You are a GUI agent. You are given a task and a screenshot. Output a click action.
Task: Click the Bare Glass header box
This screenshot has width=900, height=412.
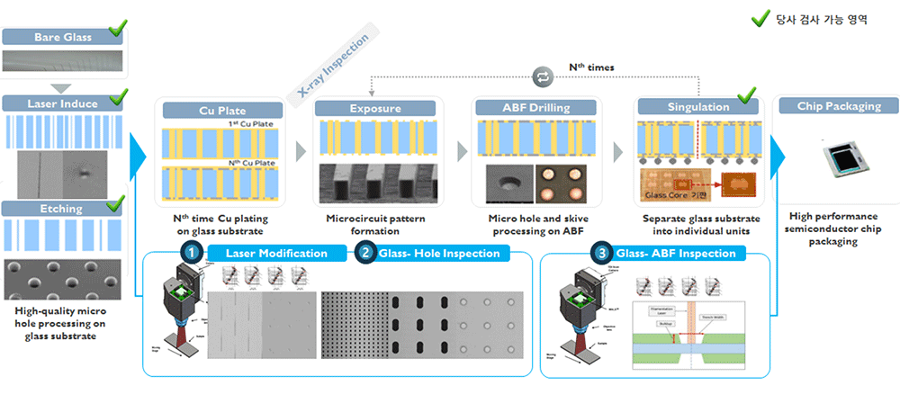[58, 37]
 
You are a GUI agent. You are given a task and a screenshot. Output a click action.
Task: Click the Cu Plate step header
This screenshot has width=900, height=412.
[220, 110]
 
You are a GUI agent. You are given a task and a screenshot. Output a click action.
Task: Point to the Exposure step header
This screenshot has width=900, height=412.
[375, 109]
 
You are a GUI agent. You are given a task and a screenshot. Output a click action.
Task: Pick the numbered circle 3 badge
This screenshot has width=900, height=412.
[599, 253]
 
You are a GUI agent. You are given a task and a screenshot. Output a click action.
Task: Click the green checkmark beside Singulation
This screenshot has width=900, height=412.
[746, 95]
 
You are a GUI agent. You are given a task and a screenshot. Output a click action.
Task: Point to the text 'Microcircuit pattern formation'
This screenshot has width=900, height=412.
[375, 225]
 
